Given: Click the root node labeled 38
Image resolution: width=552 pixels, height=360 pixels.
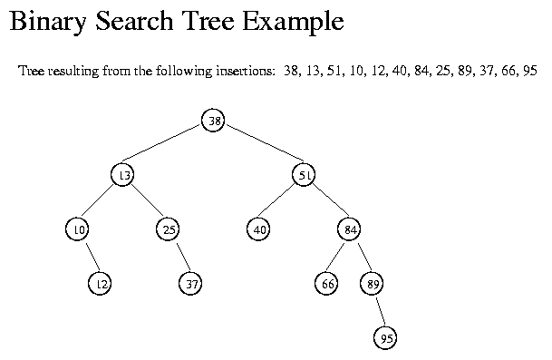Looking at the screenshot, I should tap(213, 121).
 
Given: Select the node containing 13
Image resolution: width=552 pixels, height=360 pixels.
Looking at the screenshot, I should tap(122, 175).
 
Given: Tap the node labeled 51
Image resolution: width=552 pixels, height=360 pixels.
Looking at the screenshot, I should tap(305, 175).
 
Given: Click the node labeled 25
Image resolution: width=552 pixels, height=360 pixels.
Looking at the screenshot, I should tap(169, 229).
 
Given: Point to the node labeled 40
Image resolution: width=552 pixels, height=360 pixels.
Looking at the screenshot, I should tap(259, 229).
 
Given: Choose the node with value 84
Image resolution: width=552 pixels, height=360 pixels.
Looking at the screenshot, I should tap(350, 229).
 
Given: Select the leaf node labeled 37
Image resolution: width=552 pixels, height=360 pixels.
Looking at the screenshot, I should tap(190, 284).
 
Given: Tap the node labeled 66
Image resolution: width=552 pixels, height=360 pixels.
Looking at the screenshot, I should tap(327, 284).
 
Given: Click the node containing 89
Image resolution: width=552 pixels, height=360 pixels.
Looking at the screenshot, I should tap(373, 284).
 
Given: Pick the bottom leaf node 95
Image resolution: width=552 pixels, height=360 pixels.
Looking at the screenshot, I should tap(385, 338).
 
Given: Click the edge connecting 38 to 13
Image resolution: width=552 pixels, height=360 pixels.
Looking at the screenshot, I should tap(168, 148).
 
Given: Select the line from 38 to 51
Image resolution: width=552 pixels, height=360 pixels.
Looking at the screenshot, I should tap(259, 148).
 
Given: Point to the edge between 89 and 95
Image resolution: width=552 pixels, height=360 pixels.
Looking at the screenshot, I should tap(379, 311).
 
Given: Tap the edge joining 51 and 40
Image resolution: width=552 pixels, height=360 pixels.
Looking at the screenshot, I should tap(282, 202).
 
